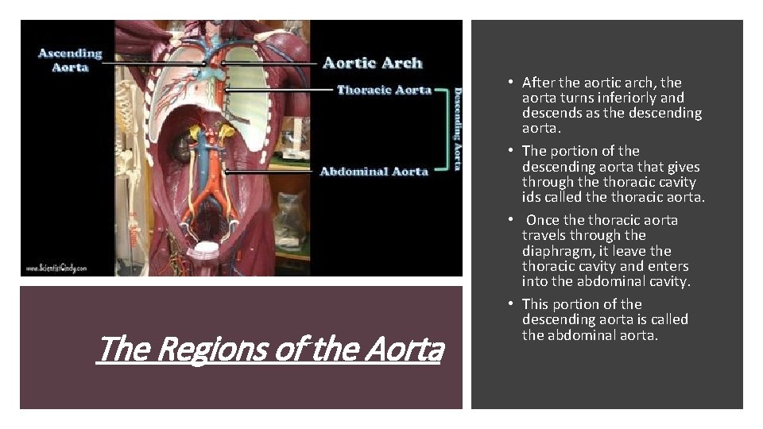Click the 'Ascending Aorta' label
pos(71,60)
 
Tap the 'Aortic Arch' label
pos(372,63)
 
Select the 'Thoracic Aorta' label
pos(384,90)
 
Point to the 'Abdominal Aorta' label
pos(374,171)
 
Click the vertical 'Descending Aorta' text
pos(457,128)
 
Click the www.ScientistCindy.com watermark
pos(55,268)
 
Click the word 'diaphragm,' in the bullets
pos(557,251)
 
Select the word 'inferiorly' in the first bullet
pos(614,98)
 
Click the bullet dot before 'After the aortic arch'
pos(513,83)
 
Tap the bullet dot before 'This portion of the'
pos(513,304)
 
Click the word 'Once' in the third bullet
pos(543,220)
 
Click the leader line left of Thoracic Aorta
pos(279,90)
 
